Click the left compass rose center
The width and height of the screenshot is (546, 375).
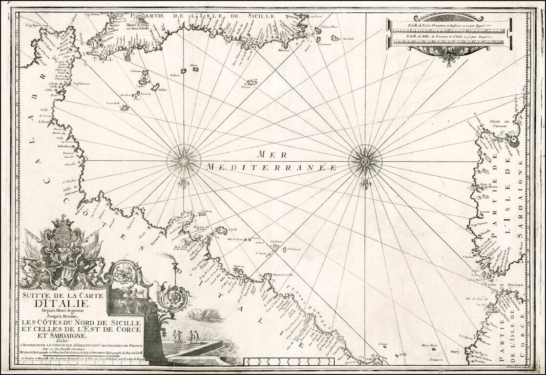coord(184,160)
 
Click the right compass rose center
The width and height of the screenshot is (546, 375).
coord(366,160)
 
